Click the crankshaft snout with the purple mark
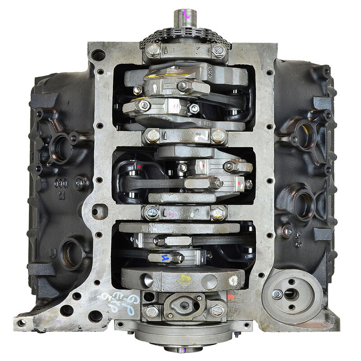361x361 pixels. coord(185,18)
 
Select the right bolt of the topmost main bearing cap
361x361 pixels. coord(218,51)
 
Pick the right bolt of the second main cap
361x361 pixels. coord(218,134)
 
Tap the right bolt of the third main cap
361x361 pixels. coord(218,211)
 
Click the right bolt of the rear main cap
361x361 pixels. coord(217,310)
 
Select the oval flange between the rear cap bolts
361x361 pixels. coord(184,306)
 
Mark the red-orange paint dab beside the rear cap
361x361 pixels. coord(231,297)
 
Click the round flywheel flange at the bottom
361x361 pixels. coord(185,336)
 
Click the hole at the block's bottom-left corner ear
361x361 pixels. coord(21,323)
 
